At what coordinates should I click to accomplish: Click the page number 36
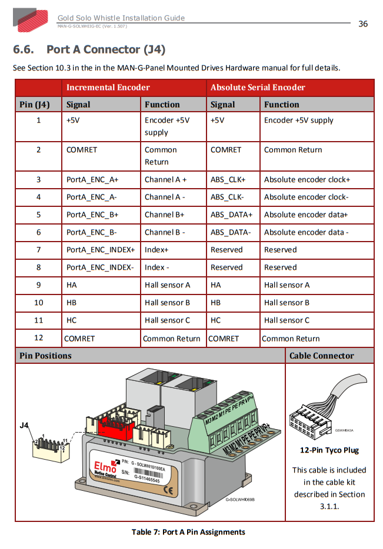(x=363, y=24)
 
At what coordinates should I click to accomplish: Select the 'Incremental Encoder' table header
(x=108, y=88)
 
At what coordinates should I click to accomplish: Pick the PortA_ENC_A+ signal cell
(x=92, y=179)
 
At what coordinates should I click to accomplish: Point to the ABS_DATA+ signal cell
(x=231, y=215)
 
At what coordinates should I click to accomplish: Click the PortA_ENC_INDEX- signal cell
(x=100, y=267)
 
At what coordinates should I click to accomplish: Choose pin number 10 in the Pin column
(x=39, y=303)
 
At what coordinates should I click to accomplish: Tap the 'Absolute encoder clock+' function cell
(x=307, y=179)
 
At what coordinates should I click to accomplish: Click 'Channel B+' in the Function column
(x=165, y=215)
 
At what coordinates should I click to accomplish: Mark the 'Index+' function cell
(x=156, y=250)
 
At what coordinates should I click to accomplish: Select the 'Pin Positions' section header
(x=45, y=356)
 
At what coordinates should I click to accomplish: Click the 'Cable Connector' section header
(x=321, y=356)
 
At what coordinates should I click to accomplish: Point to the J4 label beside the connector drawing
(x=24, y=425)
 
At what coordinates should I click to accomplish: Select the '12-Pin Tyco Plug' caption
(x=329, y=450)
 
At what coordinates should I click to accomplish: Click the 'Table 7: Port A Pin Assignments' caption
(x=188, y=532)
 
